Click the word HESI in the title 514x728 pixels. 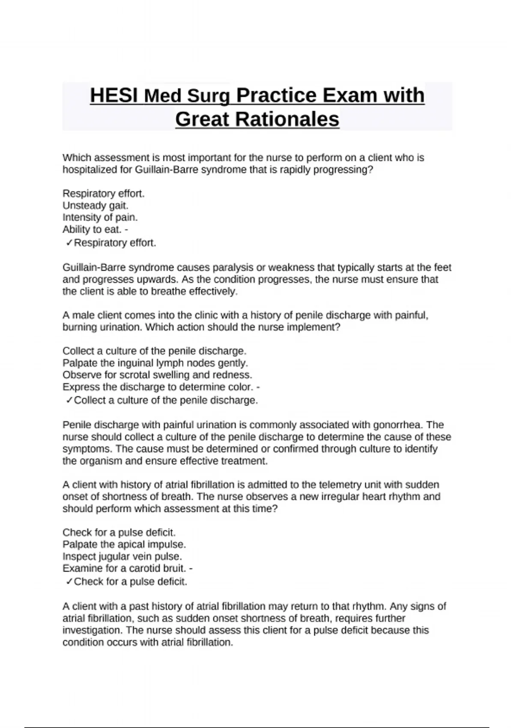(x=114, y=95)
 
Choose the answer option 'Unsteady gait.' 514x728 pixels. (x=96, y=206)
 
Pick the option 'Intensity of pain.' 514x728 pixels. (x=100, y=218)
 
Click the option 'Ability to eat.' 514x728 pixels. (x=92, y=230)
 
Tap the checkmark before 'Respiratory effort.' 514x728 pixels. (x=69, y=243)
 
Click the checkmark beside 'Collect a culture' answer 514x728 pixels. (x=69, y=400)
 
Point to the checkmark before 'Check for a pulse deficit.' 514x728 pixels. (x=69, y=582)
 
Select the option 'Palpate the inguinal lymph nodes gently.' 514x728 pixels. (x=155, y=363)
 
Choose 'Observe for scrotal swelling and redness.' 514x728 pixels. (x=157, y=375)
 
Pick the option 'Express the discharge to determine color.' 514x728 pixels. (x=158, y=387)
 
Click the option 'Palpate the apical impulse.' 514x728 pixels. (x=124, y=545)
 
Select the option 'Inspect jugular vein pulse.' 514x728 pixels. (x=122, y=557)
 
